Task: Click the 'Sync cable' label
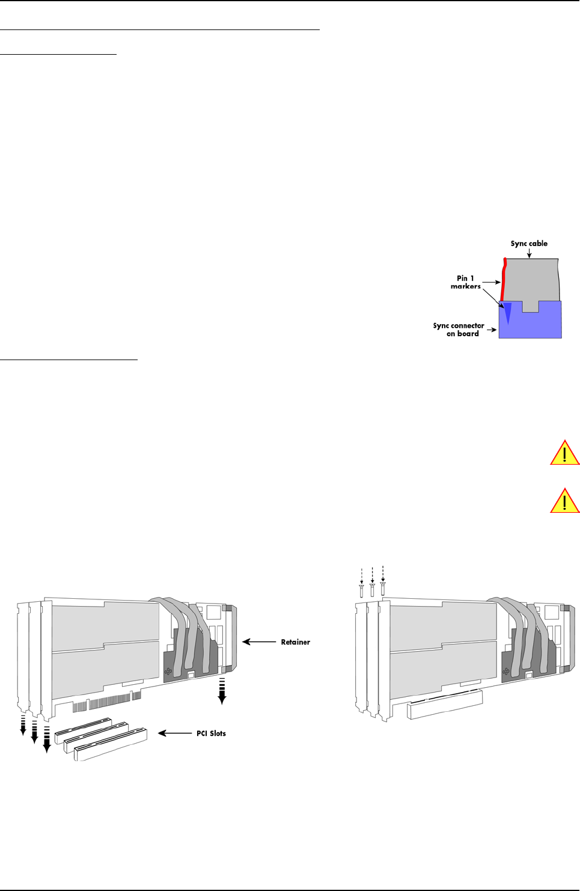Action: click(x=529, y=243)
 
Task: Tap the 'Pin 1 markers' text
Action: click(x=466, y=282)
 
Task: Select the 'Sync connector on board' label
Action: click(x=459, y=329)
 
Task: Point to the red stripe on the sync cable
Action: click(x=504, y=280)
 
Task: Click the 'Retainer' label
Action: click(x=295, y=642)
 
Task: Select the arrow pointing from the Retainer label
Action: click(x=259, y=642)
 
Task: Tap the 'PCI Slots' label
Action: click(x=211, y=733)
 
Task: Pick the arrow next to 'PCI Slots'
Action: click(x=174, y=733)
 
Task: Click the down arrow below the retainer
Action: click(x=222, y=691)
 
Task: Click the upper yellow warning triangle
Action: click(x=564, y=453)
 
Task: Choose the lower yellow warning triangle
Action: click(x=564, y=501)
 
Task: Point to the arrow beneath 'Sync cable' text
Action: click(x=529, y=254)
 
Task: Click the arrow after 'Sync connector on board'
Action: click(x=492, y=330)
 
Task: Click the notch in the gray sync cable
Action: click(x=530, y=306)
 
